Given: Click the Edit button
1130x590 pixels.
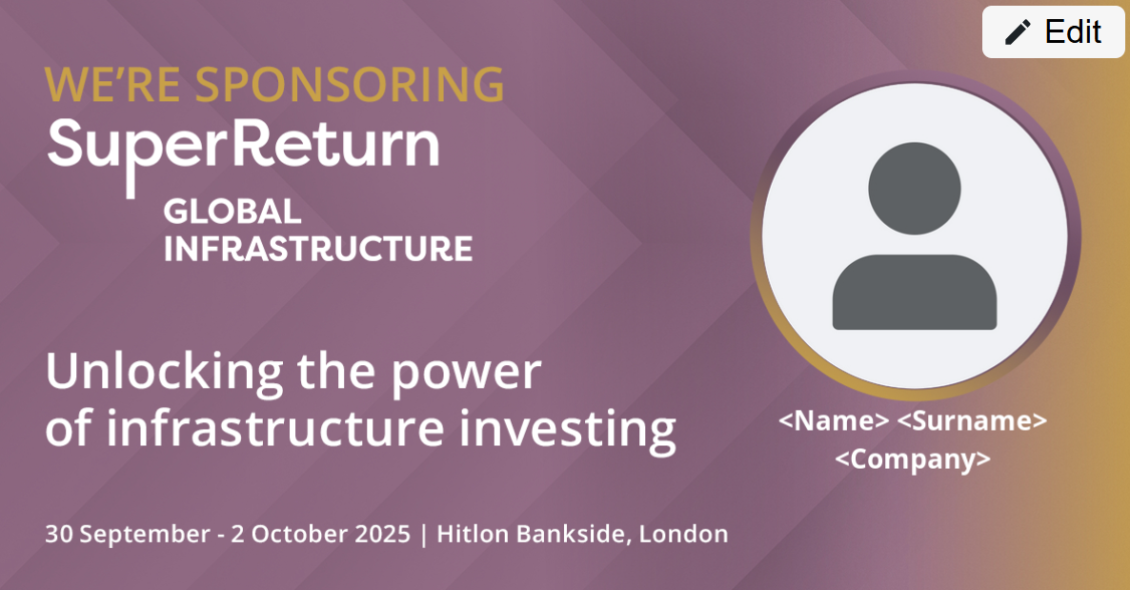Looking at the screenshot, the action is point(1052,31).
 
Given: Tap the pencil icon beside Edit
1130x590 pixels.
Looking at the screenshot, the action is point(1018,32).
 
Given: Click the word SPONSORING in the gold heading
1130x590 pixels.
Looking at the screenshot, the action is point(350,85).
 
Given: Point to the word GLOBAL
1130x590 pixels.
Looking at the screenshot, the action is point(232,212).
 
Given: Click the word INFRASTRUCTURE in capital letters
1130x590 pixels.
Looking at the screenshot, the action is point(318,249).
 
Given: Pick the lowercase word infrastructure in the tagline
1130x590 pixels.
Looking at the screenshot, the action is point(275,428).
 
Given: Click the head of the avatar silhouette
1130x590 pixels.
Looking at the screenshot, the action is point(914,189).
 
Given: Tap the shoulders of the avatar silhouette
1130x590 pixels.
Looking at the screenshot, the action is point(915,292).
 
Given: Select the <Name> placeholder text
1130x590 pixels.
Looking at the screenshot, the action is point(834,420).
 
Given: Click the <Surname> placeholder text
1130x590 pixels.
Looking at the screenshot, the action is point(972,420).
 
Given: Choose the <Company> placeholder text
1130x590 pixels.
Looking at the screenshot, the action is point(913,459).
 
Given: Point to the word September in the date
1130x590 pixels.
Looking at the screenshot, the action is point(144,535).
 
